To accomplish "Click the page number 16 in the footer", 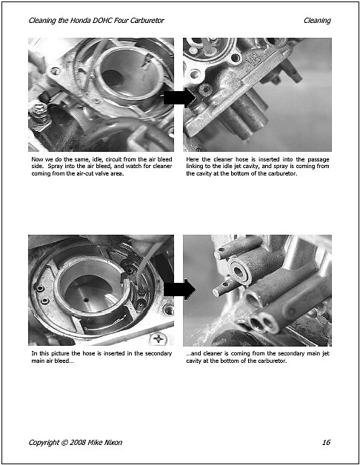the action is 326,443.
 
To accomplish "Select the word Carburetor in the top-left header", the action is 147,21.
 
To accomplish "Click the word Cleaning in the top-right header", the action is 317,21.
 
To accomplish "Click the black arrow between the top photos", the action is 179,98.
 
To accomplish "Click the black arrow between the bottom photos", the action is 179,289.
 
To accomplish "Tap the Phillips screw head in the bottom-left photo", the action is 159,338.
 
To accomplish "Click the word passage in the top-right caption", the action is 319,159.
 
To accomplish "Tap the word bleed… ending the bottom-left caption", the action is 63,361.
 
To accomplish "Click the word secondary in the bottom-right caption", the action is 290,353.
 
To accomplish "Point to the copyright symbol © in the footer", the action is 64,443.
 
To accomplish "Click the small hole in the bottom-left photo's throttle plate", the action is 86,300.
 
